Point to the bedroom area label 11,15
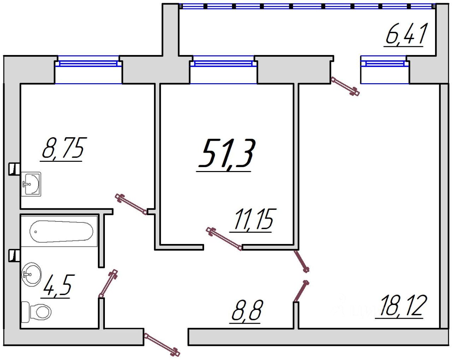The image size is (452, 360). tap(253, 220)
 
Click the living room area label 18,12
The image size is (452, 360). tap(401, 306)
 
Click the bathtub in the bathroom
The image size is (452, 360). tap(61, 231)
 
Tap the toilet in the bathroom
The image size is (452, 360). tap(36, 312)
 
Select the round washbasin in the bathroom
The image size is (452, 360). tap(31, 274)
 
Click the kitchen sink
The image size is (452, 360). tap(31, 184)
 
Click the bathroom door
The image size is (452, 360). tap(108, 283)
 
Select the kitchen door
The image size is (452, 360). tap(131, 205)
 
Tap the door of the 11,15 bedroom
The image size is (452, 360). tap(224, 239)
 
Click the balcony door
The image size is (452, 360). tap(345, 86)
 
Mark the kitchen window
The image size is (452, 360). tap(88, 63)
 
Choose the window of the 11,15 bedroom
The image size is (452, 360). tap(223, 63)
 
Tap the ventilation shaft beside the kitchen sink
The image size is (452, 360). tap(14, 169)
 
